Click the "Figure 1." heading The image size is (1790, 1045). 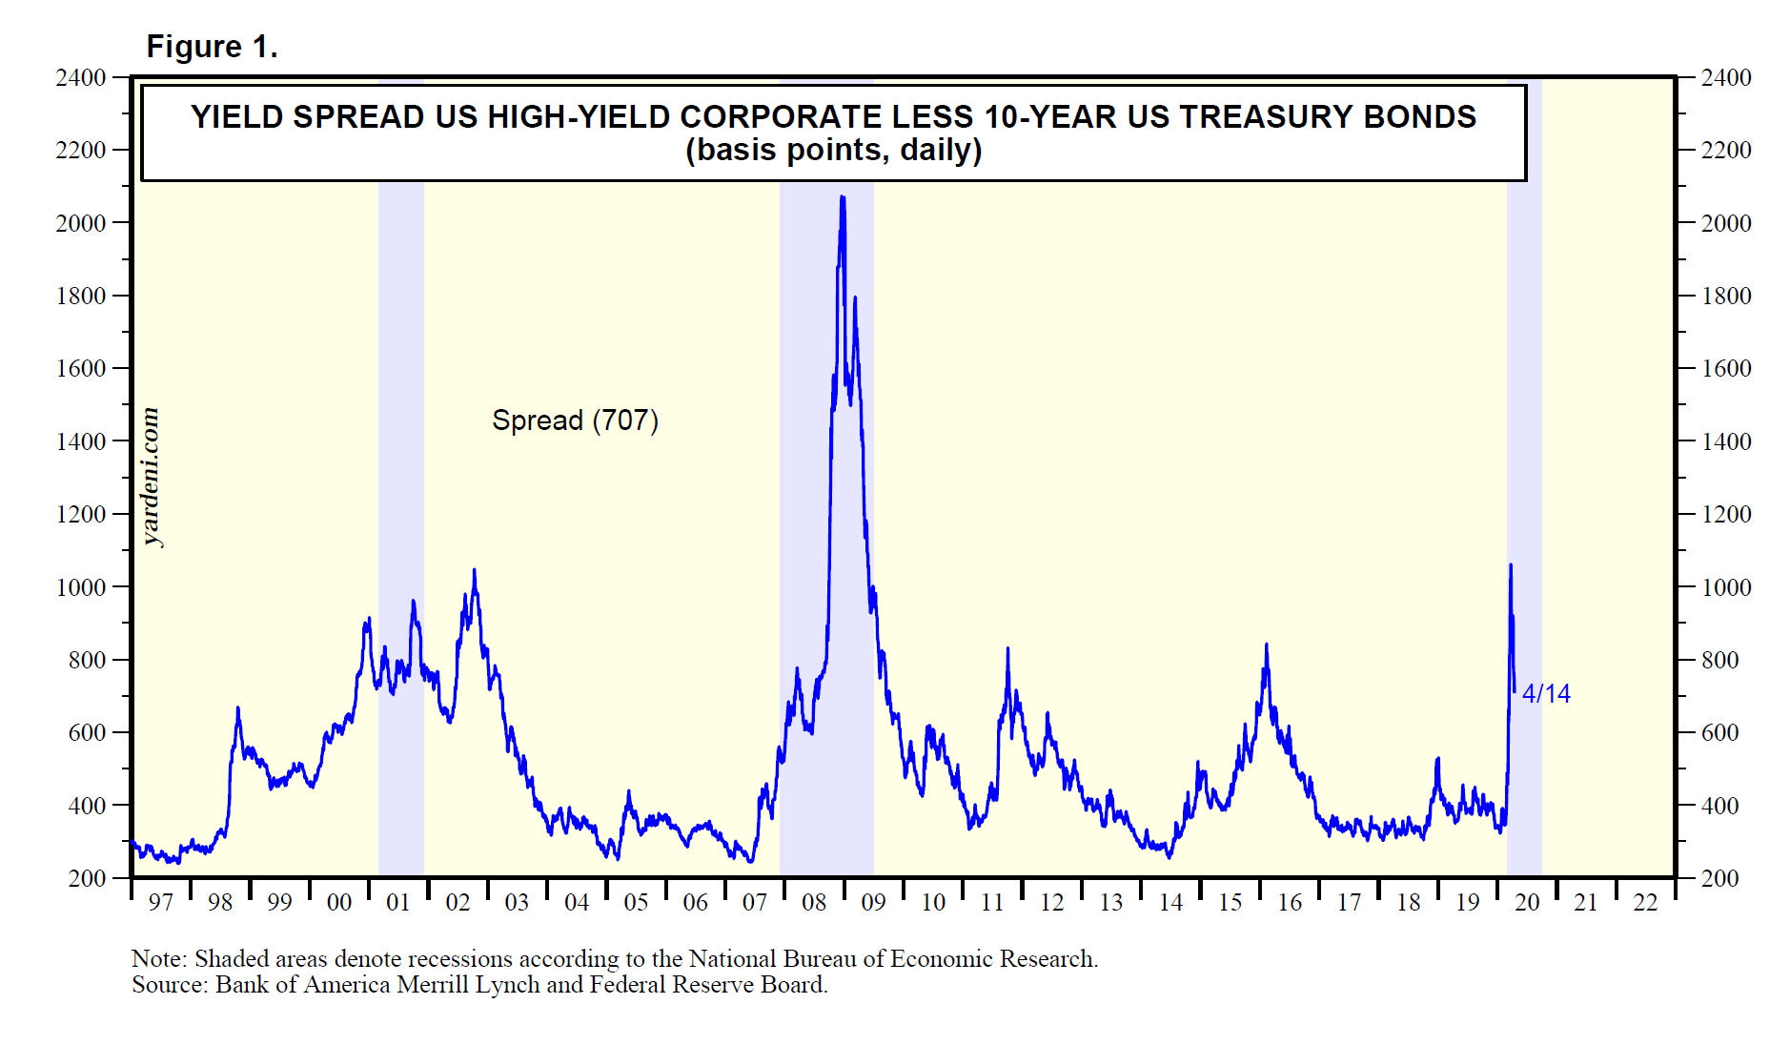pos(212,47)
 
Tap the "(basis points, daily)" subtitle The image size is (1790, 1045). pos(833,151)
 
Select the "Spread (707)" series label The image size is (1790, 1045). pos(575,420)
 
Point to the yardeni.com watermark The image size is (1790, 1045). pos(151,477)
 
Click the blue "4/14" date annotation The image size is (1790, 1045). pos(1546,694)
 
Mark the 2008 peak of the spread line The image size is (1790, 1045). pos(842,197)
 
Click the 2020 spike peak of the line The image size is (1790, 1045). pos(1511,565)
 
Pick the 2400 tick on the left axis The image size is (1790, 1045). pos(81,77)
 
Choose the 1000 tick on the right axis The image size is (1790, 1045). pos(1726,587)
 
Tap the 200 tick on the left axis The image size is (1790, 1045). pos(87,878)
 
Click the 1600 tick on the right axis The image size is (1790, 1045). pos(1726,369)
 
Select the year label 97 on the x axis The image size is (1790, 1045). pos(161,903)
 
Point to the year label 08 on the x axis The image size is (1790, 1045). pos(814,903)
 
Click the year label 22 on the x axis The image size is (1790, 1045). pos(1645,903)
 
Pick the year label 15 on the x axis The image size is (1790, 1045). pos(1230,903)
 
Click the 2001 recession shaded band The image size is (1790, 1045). pos(401,524)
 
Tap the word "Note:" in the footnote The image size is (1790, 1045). pos(159,959)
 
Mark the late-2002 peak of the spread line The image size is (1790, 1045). pos(474,570)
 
